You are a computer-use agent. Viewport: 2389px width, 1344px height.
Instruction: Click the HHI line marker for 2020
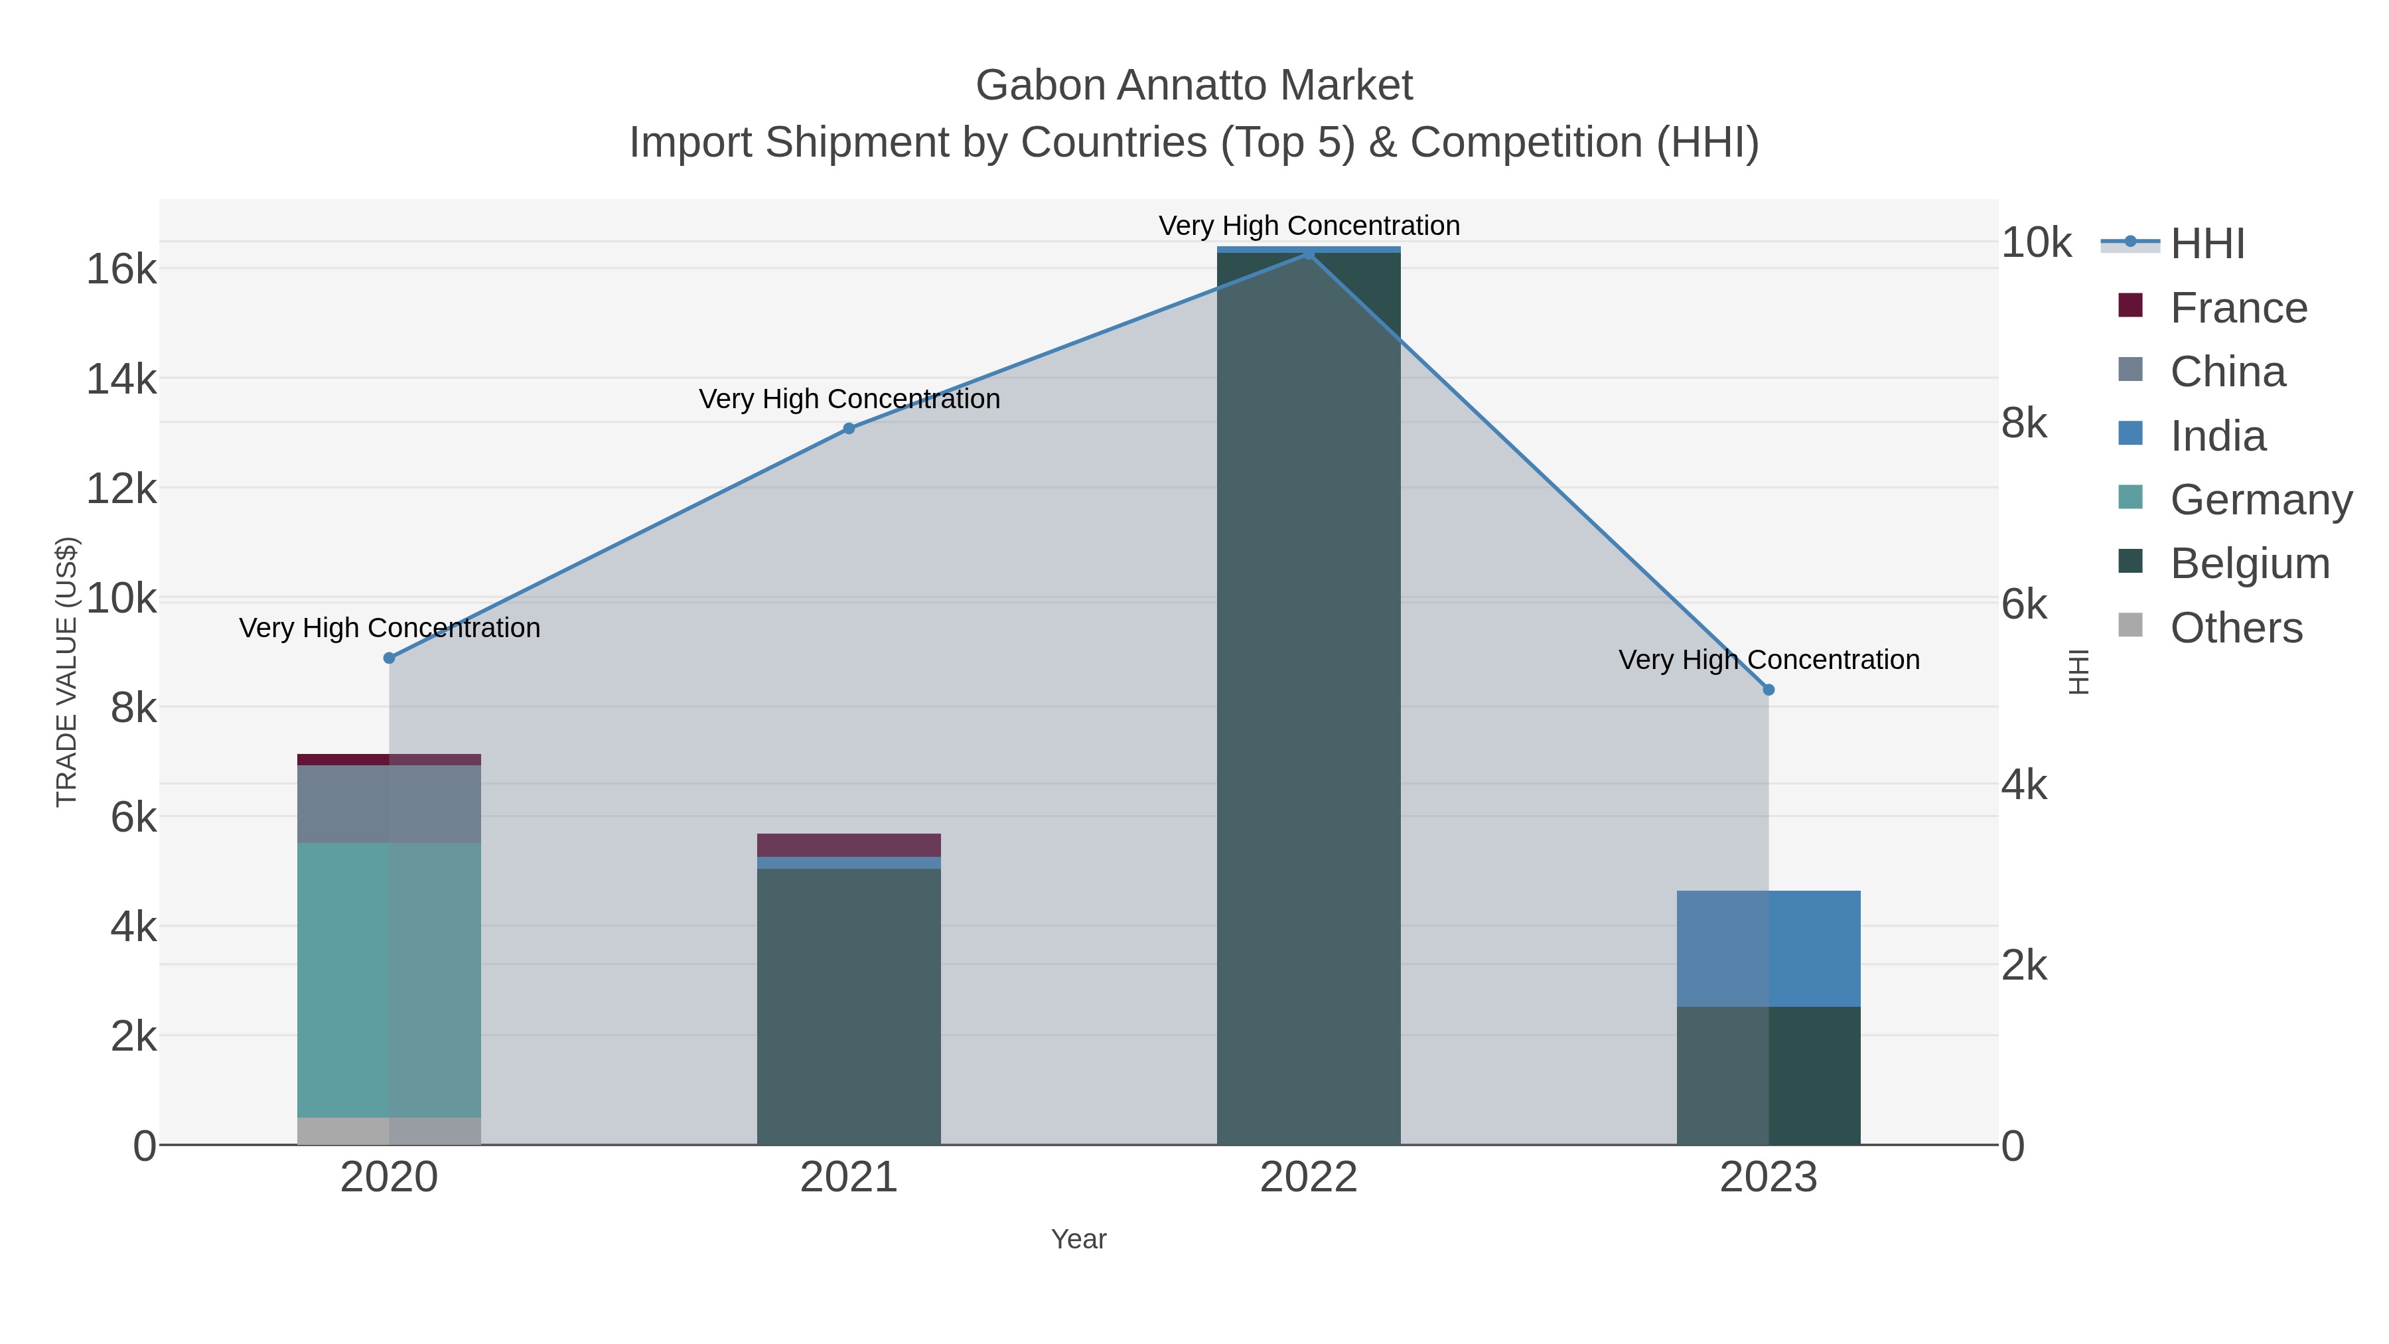(x=390, y=658)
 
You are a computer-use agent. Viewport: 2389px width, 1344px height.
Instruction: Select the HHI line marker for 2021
(x=849, y=429)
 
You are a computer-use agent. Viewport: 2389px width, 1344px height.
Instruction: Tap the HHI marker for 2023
(x=1769, y=690)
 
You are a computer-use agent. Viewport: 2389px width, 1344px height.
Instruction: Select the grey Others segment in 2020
(x=389, y=1131)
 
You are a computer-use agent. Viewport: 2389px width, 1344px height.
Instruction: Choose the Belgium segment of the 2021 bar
(x=849, y=1006)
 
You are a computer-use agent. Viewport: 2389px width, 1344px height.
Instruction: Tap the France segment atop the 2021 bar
(x=849, y=845)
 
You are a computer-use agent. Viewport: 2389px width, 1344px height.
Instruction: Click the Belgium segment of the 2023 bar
(x=1769, y=1075)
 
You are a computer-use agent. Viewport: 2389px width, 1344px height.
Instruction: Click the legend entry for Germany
(x=2260, y=500)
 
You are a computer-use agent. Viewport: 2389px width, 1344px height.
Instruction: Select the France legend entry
(x=2238, y=308)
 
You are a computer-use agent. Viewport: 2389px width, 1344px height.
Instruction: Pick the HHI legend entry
(x=2207, y=244)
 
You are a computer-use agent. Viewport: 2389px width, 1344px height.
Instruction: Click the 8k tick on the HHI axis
(x=2025, y=424)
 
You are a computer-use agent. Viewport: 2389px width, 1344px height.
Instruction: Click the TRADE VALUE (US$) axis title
(x=67, y=672)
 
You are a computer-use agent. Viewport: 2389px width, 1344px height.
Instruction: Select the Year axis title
(x=1078, y=1239)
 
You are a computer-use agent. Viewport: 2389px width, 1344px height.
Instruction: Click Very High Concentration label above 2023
(x=1769, y=660)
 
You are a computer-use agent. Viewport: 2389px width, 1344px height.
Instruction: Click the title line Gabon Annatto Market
(x=1194, y=86)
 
